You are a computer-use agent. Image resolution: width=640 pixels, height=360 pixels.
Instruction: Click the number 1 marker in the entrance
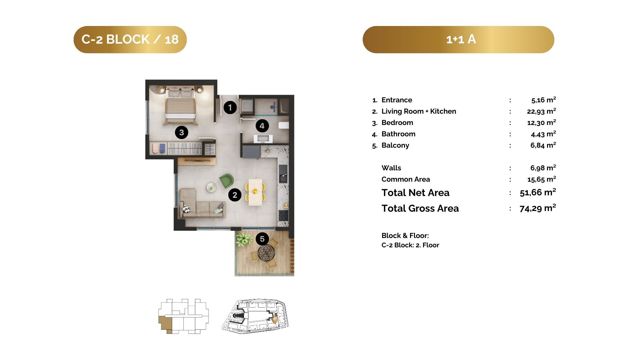[x=230, y=107]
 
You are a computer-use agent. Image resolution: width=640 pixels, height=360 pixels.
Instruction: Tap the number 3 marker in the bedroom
[x=181, y=132]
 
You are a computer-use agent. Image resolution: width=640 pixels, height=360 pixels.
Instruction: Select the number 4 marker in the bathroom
[x=262, y=126]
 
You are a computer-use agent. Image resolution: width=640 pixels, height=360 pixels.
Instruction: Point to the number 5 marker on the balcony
[x=262, y=239]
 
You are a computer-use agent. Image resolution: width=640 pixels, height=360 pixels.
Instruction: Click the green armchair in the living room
[x=227, y=180]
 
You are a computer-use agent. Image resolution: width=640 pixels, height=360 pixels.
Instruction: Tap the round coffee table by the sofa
[x=211, y=187]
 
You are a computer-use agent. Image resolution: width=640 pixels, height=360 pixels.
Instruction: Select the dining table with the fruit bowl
[x=255, y=192]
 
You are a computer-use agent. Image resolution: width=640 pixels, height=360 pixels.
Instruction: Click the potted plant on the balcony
[x=244, y=239]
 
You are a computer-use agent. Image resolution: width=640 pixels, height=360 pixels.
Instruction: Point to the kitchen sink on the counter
[x=283, y=173]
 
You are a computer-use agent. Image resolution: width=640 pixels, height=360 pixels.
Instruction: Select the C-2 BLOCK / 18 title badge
[x=130, y=39]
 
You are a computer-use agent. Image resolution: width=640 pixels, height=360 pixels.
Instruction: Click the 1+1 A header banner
[x=458, y=39]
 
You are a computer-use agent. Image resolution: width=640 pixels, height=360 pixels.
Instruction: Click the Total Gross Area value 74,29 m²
[x=538, y=208]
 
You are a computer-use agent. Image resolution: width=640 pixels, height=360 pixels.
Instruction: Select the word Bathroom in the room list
[x=398, y=134]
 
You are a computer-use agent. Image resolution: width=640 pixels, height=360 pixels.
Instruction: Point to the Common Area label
[x=406, y=179]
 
